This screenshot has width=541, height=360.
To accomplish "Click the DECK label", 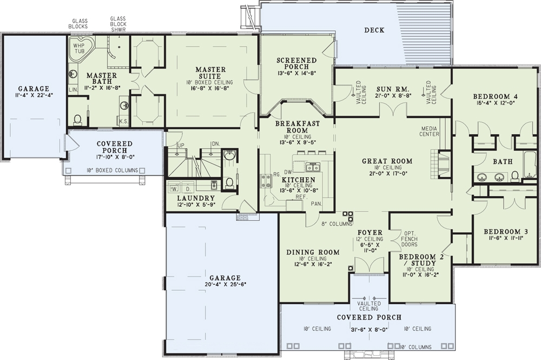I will tap(374, 30).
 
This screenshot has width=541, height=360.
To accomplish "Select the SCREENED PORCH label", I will tap(296, 64).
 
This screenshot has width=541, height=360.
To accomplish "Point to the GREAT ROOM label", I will tap(387, 161).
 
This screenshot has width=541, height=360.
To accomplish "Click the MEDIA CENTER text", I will tap(430, 130).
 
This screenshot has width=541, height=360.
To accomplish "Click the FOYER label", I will tap(370, 233).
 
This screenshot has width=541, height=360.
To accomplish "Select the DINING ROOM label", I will tap(313, 252).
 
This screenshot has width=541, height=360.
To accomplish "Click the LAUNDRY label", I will tap(195, 198).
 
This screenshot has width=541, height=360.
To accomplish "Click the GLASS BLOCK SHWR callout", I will tap(118, 24).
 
